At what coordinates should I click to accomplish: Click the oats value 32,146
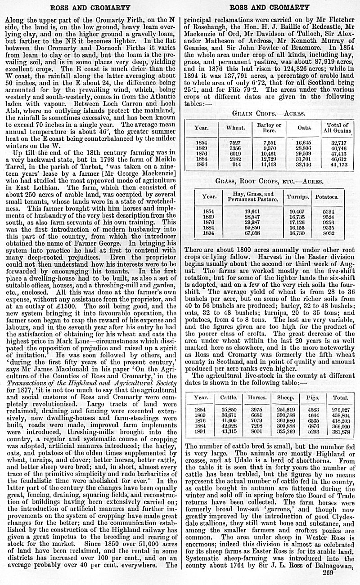[x=304, y=165]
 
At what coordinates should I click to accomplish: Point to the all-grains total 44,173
[x=338, y=165]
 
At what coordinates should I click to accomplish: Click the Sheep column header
[x=286, y=397]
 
